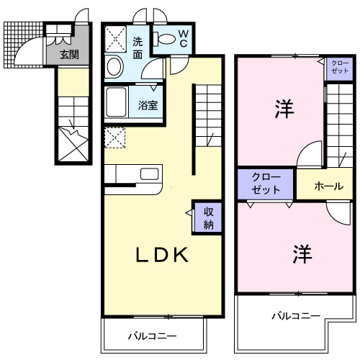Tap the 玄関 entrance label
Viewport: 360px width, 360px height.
tap(68, 54)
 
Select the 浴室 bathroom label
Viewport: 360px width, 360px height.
tap(149, 104)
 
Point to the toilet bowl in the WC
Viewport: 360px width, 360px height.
tap(166, 40)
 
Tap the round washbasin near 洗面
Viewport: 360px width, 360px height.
tap(114, 68)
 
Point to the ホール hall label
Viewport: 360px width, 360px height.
tap(328, 186)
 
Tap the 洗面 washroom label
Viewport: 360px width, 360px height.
tap(138, 47)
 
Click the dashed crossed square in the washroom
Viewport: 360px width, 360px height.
tap(115, 39)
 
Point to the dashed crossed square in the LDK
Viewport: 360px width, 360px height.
tap(114, 136)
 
